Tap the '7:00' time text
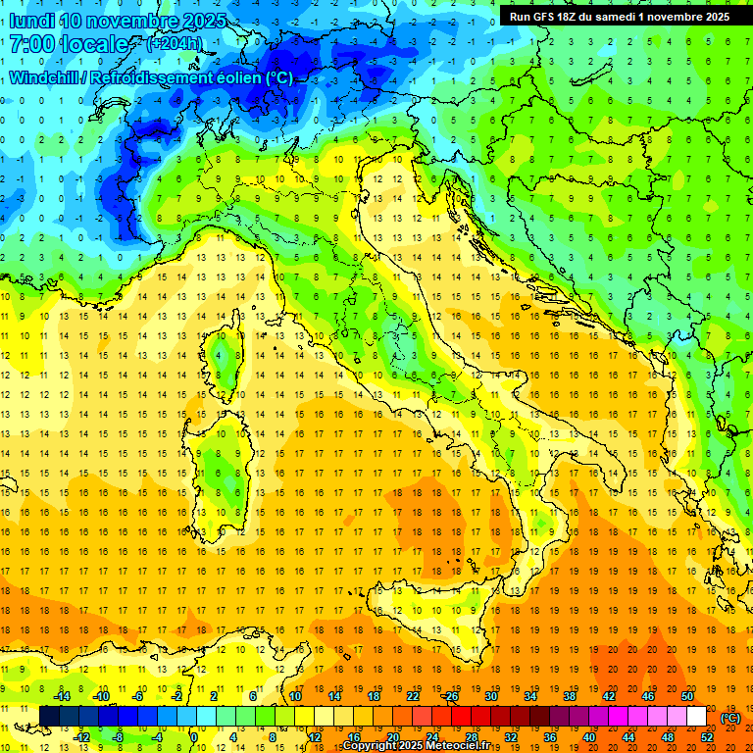pyautogui.click(x=30, y=45)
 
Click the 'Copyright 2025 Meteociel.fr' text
pyautogui.click(x=422, y=746)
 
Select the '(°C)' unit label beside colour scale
pyautogui.click(x=730, y=718)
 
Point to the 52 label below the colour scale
pyautogui.click(x=706, y=737)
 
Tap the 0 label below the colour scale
pyautogui.click(x=194, y=737)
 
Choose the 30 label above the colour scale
pyautogui.click(x=490, y=695)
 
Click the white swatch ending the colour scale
pyautogui.click(x=696, y=717)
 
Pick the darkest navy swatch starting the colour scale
pyautogui.click(x=49, y=717)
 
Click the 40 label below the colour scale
pyautogui.click(x=588, y=737)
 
